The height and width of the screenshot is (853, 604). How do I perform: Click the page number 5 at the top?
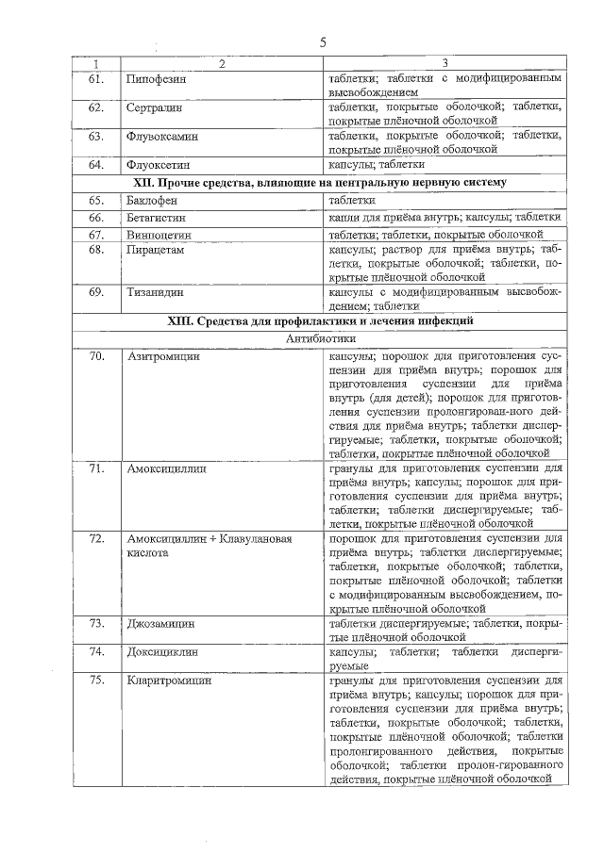point(322,42)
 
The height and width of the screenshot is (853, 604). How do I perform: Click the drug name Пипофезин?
point(157,79)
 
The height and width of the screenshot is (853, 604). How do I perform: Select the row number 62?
point(95,108)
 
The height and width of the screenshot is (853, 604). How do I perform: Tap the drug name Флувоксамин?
point(160,137)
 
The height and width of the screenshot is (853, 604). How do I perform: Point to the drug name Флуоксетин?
point(159,165)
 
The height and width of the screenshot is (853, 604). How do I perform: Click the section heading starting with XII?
point(321,182)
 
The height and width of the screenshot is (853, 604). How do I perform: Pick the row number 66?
point(95,217)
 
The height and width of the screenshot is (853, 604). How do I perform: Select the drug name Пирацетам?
point(155,250)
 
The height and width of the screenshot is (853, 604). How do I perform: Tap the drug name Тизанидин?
point(155,292)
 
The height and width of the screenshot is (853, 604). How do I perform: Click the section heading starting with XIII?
point(321,322)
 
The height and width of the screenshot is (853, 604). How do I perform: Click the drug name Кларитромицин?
point(168,680)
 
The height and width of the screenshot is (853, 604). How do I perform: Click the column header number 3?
point(445,63)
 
